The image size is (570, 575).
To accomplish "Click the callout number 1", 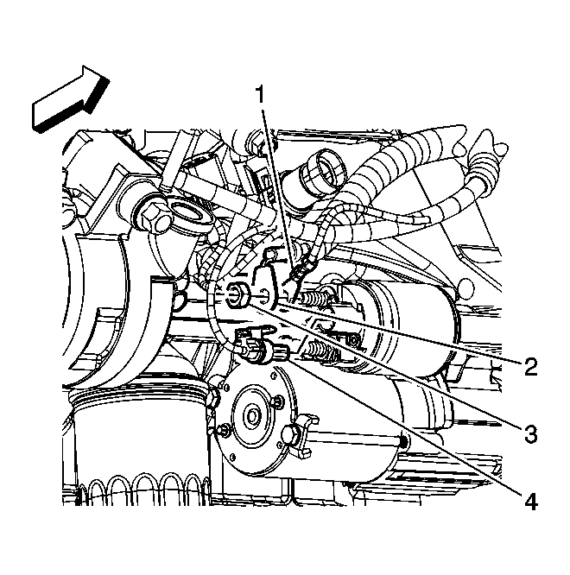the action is tap(260, 95).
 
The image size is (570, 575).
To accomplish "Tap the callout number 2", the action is tap(530, 366).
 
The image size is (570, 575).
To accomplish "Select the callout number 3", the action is tap(530, 433).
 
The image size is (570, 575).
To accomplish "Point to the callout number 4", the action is tap(531, 501).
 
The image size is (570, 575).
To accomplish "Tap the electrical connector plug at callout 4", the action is tap(261, 351).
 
